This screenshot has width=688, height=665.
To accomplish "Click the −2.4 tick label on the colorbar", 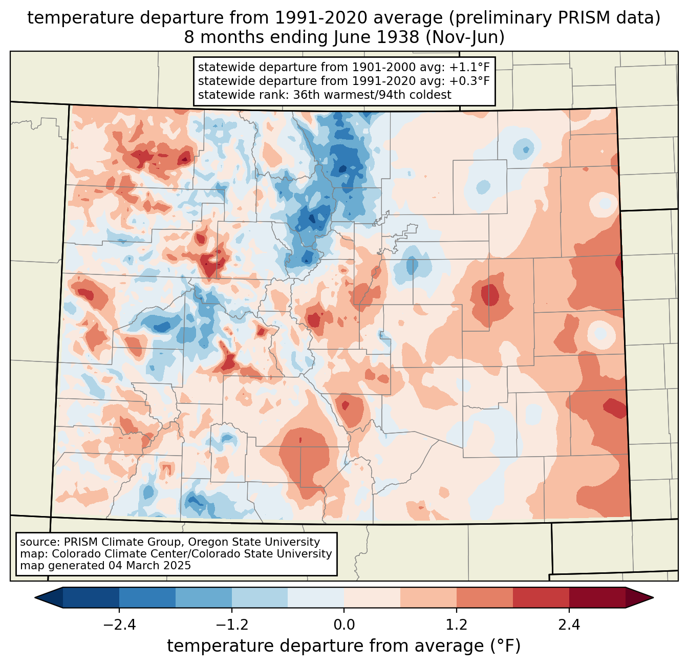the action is [119, 625].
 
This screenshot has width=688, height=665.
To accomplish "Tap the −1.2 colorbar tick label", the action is [232, 625].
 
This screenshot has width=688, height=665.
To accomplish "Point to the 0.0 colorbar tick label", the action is [344, 625].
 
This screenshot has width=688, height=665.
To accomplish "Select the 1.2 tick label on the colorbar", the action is [457, 625].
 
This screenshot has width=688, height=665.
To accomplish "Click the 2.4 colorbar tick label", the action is [569, 625].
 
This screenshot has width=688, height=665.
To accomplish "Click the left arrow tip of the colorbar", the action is [35, 598].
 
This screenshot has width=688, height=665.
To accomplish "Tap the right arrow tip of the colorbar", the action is [653, 598].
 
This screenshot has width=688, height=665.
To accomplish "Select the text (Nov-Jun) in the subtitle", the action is [465, 37].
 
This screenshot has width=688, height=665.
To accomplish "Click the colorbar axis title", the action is [344, 646].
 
